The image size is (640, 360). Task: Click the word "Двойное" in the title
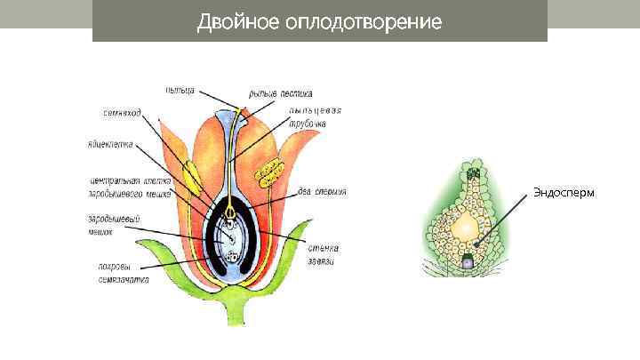[236, 21]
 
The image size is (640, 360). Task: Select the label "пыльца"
[181, 90]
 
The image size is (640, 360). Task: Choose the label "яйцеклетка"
[110, 142]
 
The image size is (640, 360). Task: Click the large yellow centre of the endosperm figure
[465, 228]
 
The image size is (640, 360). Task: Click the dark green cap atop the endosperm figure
[474, 172]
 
